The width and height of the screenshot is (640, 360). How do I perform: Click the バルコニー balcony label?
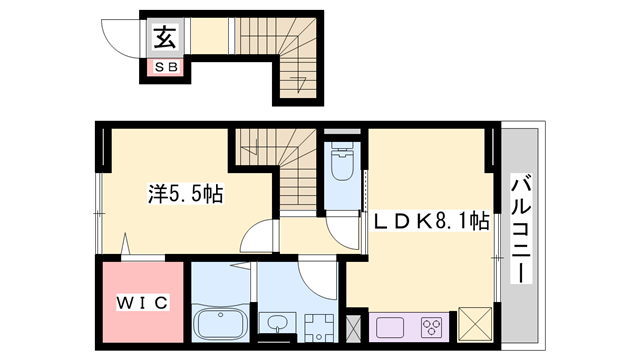521,228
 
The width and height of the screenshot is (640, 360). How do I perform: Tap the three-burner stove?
432,326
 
